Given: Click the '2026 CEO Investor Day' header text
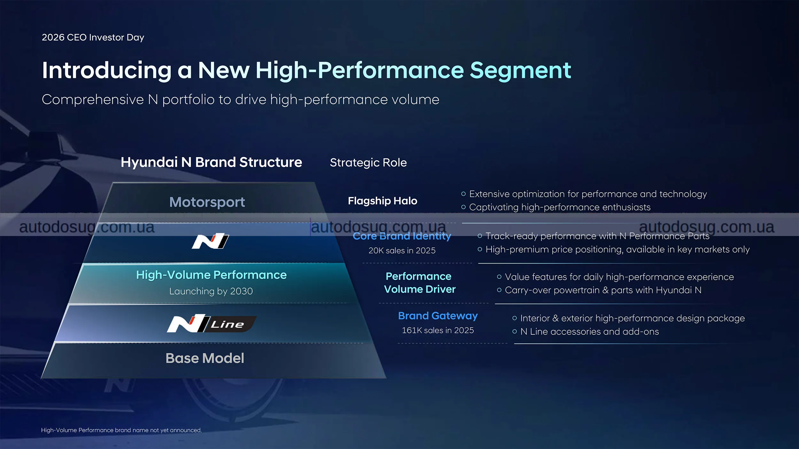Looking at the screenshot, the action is pos(93,37).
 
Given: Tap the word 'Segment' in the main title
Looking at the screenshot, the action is pos(520,71).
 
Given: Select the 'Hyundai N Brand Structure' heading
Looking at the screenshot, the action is pos(211,162).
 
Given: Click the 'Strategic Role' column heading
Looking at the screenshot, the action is pos(368,163).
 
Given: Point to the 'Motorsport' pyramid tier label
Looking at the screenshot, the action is pos(207,202).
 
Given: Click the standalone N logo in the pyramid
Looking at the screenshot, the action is pos(210,241).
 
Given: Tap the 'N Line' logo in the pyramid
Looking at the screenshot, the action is pos(211,323).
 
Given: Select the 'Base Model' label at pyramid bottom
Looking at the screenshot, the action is pos(205,358).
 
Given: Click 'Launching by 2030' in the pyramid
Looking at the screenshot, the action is pos(211,291).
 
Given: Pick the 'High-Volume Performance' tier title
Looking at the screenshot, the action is pos(211,275).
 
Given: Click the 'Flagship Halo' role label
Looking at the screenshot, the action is pos(383,201).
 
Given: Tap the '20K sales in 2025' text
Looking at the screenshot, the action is pos(402,251).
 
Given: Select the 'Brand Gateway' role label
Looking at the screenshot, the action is pos(438,316).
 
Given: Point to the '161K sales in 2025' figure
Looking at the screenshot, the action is pos(438,331).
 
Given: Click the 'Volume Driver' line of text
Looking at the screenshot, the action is pos(420,289).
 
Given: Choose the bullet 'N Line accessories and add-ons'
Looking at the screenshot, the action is pos(586,332).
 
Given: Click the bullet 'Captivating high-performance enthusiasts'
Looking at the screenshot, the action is pos(556,207).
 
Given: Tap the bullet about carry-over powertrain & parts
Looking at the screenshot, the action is pos(599,290).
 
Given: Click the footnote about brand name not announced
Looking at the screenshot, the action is pos(121,430).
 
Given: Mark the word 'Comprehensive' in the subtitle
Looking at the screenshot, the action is pos(93,100).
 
